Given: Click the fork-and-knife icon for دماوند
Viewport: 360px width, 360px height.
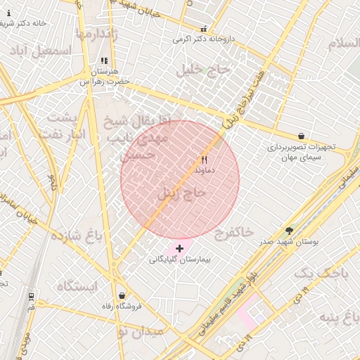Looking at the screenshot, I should [x=205, y=160].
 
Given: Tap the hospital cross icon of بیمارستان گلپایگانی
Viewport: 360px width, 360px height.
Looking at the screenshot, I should [x=180, y=248].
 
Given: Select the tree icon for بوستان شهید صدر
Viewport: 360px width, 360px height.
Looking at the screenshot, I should [x=289, y=231].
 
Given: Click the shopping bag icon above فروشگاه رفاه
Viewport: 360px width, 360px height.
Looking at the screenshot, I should [x=123, y=296].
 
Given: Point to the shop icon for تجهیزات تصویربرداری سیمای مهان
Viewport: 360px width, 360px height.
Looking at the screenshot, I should [x=302, y=136].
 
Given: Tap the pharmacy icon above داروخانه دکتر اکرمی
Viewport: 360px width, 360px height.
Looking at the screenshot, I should [x=204, y=29].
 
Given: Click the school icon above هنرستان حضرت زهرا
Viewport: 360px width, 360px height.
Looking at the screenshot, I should [x=104, y=61].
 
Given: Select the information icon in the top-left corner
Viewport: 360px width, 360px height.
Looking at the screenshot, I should [x=8, y=13].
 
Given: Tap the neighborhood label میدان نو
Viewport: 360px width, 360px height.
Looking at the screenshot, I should [x=141, y=330].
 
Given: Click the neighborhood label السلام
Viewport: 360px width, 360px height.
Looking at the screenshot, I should [x=343, y=44].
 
